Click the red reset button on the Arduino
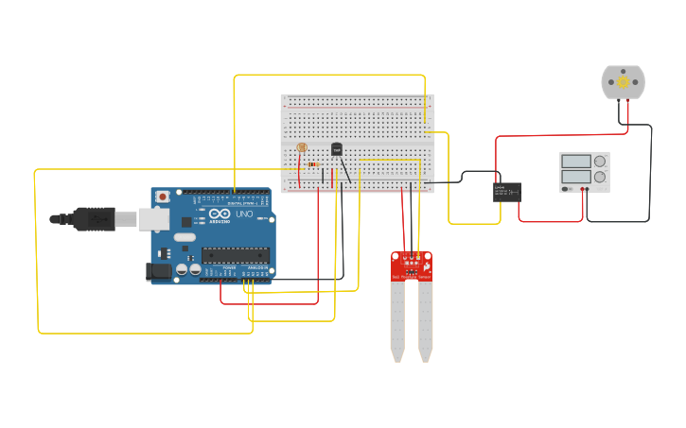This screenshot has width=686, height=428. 163,197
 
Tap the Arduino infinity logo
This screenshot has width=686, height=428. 220,215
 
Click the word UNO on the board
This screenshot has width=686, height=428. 243,214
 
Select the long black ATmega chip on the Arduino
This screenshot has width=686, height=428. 235,254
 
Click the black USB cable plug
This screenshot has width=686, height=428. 95,219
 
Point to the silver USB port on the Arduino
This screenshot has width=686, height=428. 153,219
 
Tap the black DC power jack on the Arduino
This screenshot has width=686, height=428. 159,271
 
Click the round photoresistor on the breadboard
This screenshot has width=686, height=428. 302,147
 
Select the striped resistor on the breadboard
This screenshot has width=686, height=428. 313,164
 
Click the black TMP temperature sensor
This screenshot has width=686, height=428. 337,149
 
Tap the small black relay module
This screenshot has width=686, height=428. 507,192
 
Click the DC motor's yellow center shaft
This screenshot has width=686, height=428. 624,82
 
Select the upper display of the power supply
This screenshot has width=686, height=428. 575,162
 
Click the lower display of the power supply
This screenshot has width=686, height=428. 575,177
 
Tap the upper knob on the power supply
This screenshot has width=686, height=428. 600,162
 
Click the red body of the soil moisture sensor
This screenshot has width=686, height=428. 412,265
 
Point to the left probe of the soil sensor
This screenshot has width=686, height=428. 397,321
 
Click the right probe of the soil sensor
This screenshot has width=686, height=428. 425,321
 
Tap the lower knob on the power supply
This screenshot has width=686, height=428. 600,177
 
